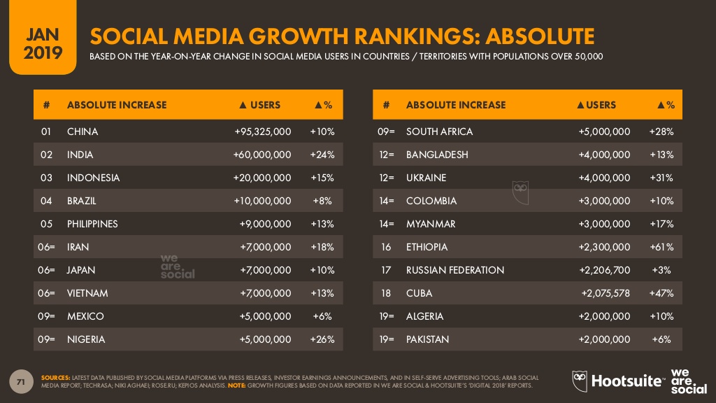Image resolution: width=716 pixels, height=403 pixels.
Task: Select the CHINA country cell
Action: coord(83,132)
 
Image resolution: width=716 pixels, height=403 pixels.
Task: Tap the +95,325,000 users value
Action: coord(262,132)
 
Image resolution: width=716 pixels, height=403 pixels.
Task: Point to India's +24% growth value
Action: coord(322,155)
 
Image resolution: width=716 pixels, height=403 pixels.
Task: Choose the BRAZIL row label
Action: coord(82,201)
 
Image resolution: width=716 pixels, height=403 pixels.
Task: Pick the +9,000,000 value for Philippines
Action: coord(265,224)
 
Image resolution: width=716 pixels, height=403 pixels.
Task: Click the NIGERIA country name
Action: coord(86,339)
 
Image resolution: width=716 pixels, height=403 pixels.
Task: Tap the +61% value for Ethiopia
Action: coord(661,247)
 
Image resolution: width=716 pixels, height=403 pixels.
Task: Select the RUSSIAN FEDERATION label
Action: coord(454,270)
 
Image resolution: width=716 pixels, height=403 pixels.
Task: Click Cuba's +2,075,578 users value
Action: coord(606,293)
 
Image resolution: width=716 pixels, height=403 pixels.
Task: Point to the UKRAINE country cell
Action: coord(426,178)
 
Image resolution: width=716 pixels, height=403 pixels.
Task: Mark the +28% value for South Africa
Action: coord(661,132)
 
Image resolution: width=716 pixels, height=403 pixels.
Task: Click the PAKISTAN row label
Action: coord(427,339)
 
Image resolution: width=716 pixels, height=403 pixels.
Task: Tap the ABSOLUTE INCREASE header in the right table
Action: coord(455,105)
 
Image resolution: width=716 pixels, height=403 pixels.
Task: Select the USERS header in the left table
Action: coord(259,105)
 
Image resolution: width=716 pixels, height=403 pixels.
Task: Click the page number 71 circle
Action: coord(22,382)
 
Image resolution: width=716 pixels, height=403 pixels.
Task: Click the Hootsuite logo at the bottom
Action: coord(618,380)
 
